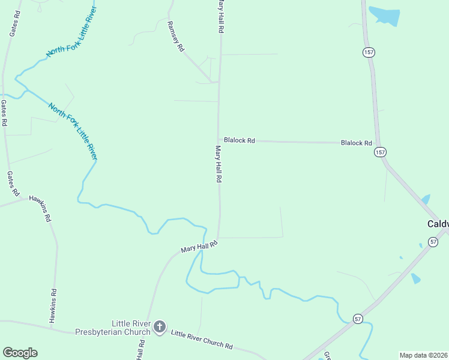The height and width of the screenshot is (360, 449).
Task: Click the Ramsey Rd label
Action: [176, 37]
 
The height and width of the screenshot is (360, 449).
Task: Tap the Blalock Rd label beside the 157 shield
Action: [357, 143]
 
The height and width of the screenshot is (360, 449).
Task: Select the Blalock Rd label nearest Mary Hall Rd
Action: [240, 140]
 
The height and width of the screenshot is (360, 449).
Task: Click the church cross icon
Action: [160, 327]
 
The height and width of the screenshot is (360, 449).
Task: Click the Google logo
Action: [20, 353]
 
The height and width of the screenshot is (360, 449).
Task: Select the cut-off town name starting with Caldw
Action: [438, 224]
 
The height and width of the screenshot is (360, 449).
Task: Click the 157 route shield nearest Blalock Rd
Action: [379, 152]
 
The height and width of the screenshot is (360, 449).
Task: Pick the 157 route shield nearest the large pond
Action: [369, 53]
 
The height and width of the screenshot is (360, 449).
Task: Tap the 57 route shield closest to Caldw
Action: [433, 241]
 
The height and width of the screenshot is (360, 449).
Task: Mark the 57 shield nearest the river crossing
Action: [358, 318]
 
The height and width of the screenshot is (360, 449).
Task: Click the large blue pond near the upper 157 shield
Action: [385, 15]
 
